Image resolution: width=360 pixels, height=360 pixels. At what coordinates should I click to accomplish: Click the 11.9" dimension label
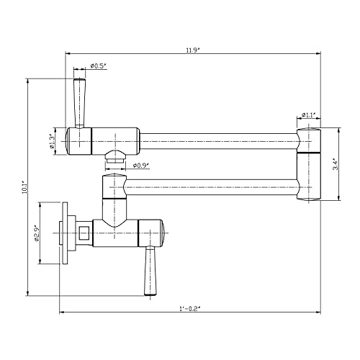[192, 50]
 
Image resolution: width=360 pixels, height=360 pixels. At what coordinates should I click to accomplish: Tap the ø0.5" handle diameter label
[98, 66]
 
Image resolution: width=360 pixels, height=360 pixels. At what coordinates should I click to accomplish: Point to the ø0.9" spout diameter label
[141, 165]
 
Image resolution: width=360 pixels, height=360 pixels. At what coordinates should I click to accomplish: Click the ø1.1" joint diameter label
[308, 114]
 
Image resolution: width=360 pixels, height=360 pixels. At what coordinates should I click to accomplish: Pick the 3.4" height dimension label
[336, 165]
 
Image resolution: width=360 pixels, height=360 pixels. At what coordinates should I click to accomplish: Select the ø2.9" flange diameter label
[36, 233]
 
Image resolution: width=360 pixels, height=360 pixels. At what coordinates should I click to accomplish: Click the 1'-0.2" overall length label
[189, 309]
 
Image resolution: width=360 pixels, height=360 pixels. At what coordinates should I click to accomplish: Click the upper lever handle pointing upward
[79, 103]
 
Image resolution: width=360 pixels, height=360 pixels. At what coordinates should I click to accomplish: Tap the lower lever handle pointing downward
[150, 271]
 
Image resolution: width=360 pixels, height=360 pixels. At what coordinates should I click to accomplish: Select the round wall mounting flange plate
[65, 233]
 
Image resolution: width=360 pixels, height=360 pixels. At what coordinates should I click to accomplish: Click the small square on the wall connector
[84, 233]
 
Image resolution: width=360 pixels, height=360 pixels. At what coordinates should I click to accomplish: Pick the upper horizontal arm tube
[219, 141]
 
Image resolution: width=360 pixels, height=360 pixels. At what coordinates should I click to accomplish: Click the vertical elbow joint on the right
[309, 164]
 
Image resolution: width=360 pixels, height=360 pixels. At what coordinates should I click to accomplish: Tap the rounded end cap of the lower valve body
[163, 233]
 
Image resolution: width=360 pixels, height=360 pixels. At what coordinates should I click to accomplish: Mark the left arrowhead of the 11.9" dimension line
[68, 53]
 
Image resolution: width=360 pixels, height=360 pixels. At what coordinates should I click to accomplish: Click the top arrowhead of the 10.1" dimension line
[28, 81]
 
